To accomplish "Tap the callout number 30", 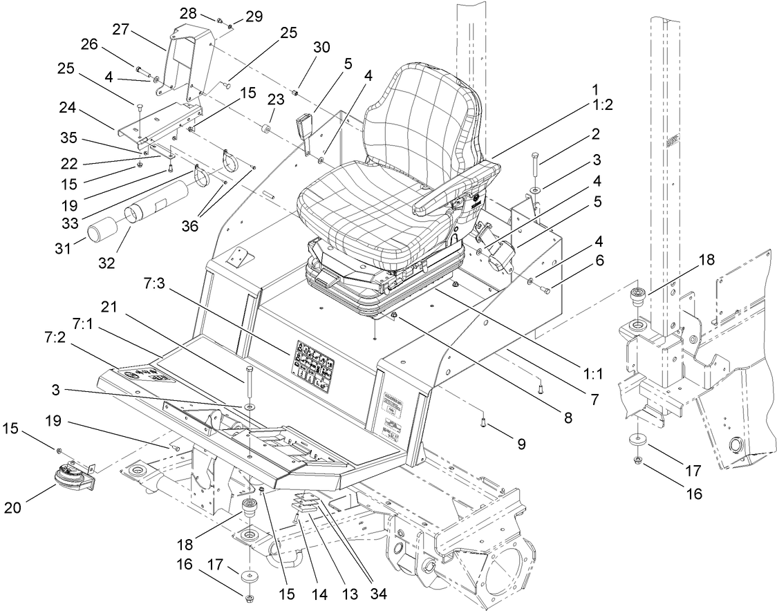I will pyautogui.click(x=321, y=48).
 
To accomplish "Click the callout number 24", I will pyautogui.click(x=91, y=109).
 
